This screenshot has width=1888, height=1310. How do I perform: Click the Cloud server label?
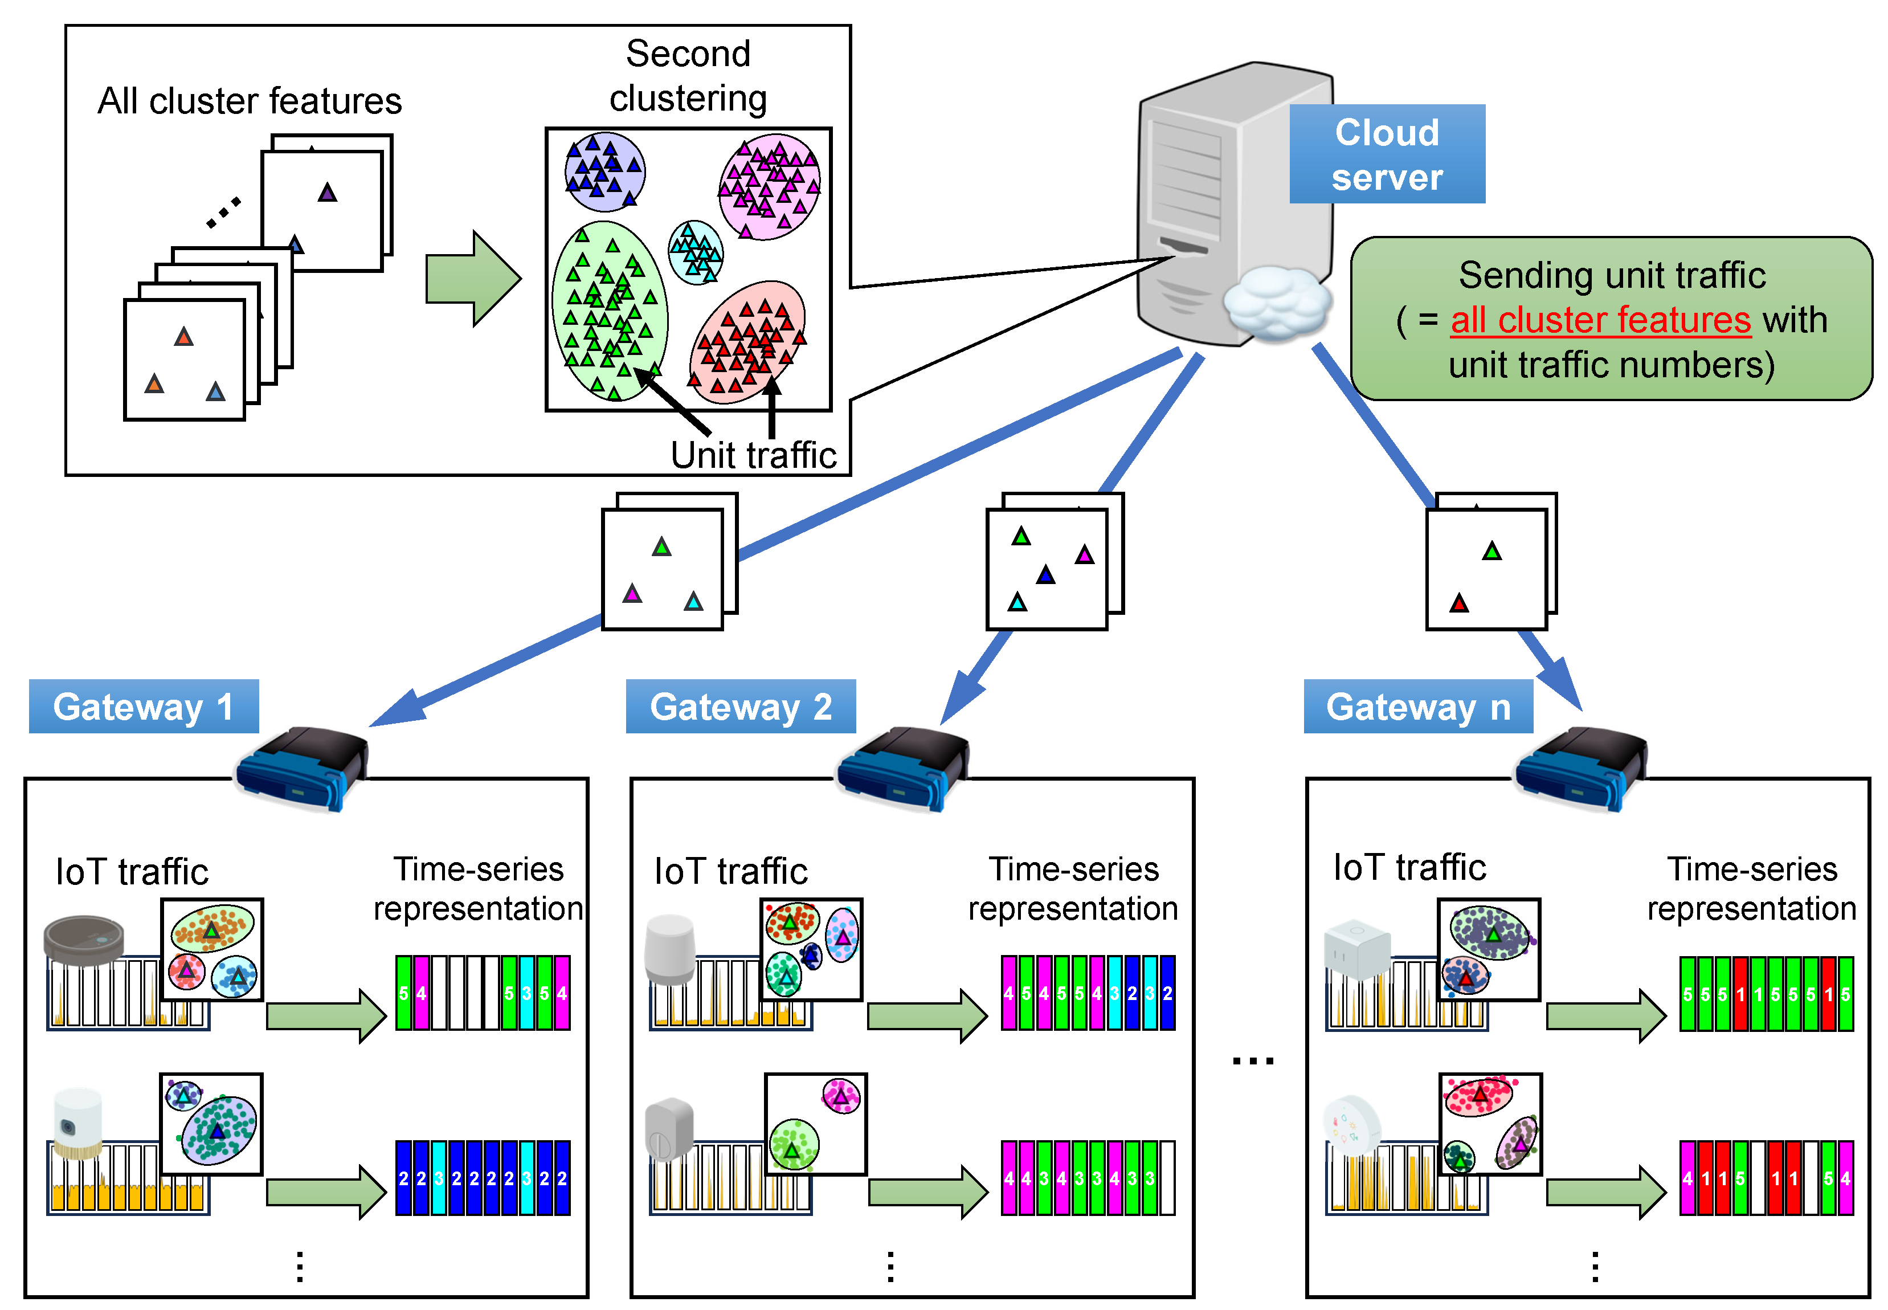(1386, 154)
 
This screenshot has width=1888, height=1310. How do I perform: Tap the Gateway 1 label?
(144, 706)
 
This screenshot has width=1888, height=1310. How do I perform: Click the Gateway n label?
(1418, 706)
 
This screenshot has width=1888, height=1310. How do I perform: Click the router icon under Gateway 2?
(902, 768)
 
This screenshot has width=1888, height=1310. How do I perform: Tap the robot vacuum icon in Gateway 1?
(84, 939)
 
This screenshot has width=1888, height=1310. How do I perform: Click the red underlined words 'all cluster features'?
(1600, 320)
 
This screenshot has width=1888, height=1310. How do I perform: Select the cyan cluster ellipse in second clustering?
(696, 252)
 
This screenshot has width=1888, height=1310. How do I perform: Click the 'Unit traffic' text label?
(753, 455)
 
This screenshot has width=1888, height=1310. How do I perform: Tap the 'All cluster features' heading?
(250, 101)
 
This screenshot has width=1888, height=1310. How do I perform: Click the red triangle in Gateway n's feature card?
(1458, 604)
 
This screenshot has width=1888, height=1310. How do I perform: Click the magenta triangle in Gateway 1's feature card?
(632, 593)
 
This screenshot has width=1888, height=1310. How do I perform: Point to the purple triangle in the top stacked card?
(328, 193)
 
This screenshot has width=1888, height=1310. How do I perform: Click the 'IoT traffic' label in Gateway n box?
(1409, 868)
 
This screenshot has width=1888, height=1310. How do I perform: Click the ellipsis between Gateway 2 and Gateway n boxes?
(1252, 1060)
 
